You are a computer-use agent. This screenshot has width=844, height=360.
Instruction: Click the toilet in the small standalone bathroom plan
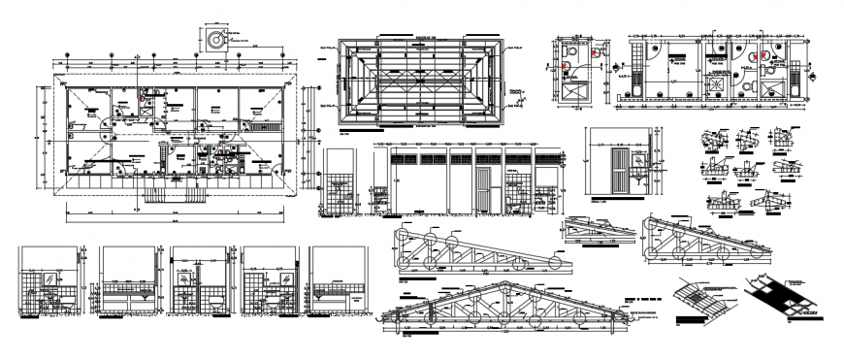(567, 69)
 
